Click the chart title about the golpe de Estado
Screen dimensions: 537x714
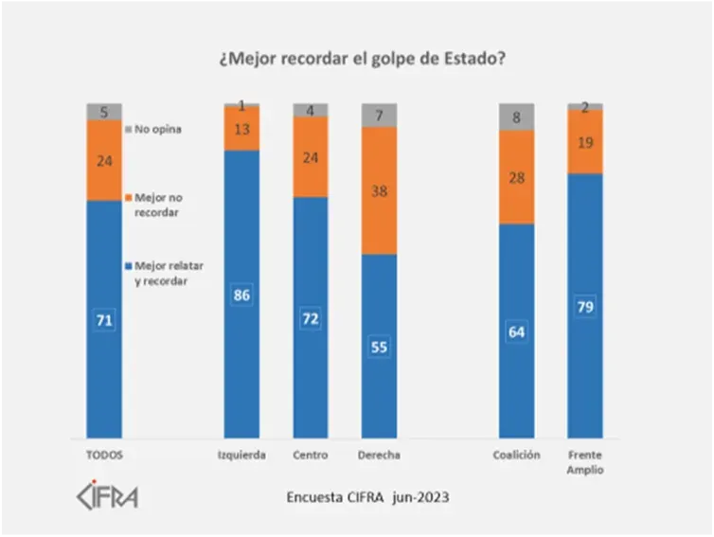point(362,59)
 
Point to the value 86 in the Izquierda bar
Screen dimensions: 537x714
point(241,295)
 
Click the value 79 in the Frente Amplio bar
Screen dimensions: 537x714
point(585,307)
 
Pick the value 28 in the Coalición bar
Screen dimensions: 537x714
point(516,177)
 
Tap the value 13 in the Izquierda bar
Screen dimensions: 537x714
point(241,129)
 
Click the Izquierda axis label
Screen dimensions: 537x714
point(241,455)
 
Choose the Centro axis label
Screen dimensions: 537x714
point(311,455)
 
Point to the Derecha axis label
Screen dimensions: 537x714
point(379,455)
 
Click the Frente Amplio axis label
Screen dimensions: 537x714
point(585,462)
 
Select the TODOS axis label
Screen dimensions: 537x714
point(104,455)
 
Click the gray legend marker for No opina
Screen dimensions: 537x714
point(129,130)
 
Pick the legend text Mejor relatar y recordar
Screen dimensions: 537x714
point(169,274)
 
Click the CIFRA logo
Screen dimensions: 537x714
point(106,495)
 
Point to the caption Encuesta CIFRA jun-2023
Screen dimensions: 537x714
point(367,496)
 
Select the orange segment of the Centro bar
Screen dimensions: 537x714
point(311,157)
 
